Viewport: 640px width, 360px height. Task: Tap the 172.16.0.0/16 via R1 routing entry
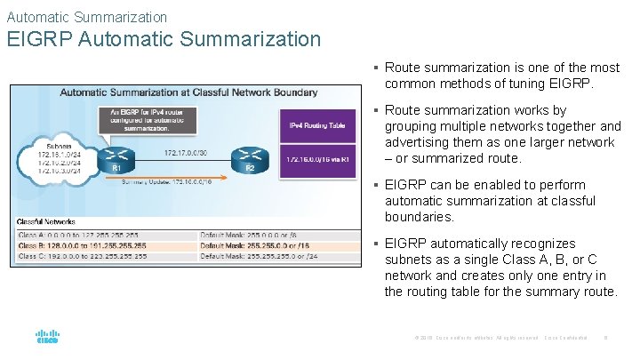pyautogui.click(x=317, y=159)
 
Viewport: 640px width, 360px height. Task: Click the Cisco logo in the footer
pyautogui.click(x=46, y=338)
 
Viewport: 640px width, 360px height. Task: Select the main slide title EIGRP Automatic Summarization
pyautogui.click(x=164, y=39)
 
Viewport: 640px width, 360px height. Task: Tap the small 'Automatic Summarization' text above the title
pyautogui.click(x=86, y=16)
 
